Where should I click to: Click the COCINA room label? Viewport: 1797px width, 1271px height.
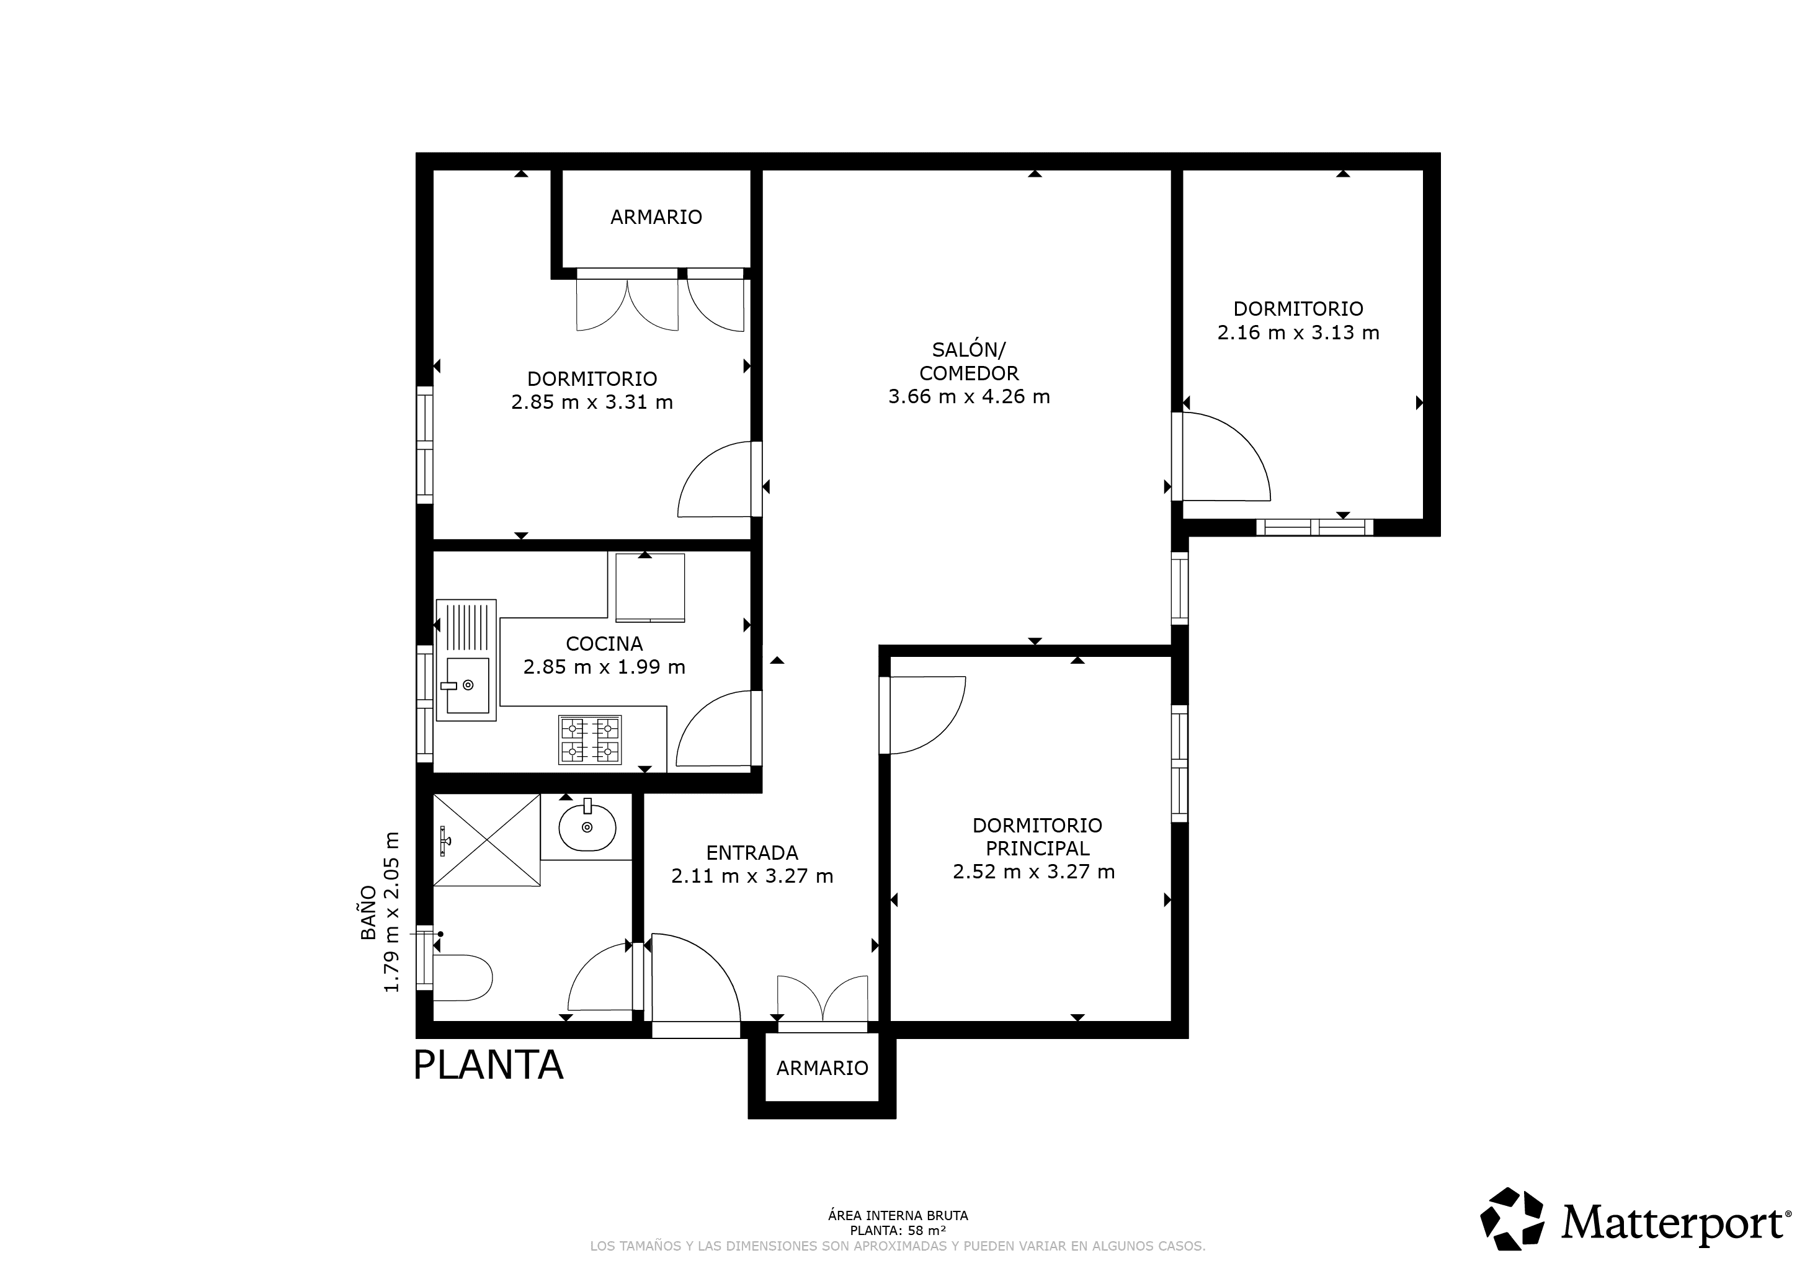point(604,643)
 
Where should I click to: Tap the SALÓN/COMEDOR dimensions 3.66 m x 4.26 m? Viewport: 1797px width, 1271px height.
point(969,397)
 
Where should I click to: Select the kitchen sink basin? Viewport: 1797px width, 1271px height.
point(467,687)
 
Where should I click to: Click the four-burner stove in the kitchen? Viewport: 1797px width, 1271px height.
point(590,739)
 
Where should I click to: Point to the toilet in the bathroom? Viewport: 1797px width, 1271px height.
point(462,978)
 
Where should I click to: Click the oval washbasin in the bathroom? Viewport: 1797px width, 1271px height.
point(587,826)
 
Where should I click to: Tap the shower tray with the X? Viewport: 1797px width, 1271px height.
point(486,840)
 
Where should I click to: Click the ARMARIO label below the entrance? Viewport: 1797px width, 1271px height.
point(822,1068)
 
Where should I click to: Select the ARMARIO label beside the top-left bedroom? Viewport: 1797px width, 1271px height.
point(656,216)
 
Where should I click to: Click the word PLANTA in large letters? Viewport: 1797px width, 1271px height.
point(488,1065)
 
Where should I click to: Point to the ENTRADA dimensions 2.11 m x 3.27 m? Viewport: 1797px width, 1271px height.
point(752,876)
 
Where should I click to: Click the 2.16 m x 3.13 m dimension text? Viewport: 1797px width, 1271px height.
point(1298,332)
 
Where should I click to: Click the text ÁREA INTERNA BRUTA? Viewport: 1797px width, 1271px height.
point(898,1215)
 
